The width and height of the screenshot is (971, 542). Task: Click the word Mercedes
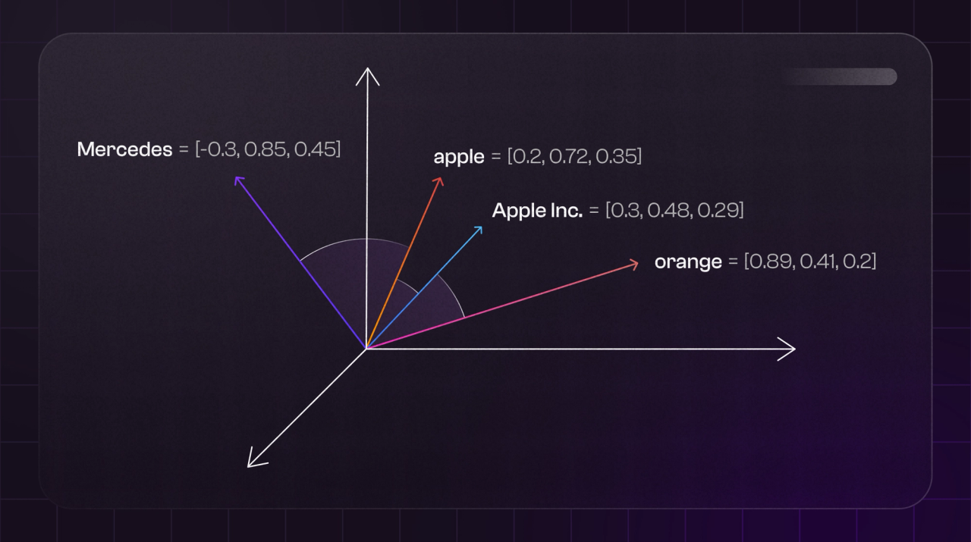(124, 149)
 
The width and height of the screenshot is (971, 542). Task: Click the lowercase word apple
(458, 157)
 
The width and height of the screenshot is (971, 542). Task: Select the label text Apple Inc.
(537, 211)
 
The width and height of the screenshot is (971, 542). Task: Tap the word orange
(688, 262)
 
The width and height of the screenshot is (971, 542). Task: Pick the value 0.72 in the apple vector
(570, 157)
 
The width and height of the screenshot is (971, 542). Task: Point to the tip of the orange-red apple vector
(439, 180)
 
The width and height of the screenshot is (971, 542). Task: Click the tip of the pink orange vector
(634, 263)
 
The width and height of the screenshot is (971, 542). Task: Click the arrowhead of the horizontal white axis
(790, 349)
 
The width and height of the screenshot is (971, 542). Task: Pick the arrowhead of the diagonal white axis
(252, 462)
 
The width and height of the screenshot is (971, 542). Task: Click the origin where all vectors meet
(366, 349)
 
